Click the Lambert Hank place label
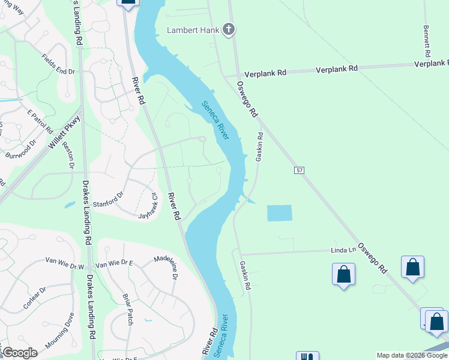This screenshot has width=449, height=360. [193, 30]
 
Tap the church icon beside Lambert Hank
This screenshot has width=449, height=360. [228, 29]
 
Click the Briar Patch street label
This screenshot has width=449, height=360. [127, 310]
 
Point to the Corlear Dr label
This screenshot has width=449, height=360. [35, 298]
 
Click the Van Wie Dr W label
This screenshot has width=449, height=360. [65, 265]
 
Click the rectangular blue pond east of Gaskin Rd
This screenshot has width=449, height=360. [279, 213]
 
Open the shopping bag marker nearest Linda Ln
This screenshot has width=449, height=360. [343, 275]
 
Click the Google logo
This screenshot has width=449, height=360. [20, 353]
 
